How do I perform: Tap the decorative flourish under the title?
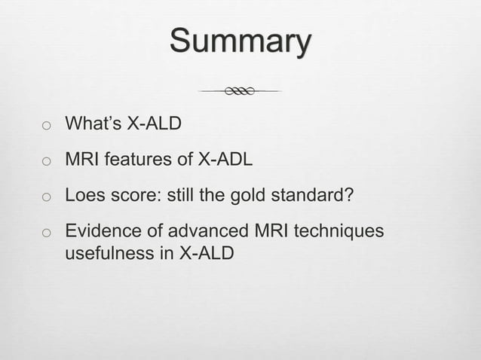[240, 91]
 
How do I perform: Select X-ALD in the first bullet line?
[154, 123]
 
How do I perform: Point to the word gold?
[248, 196]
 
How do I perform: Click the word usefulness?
[109, 253]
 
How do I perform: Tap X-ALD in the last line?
[204, 253]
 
